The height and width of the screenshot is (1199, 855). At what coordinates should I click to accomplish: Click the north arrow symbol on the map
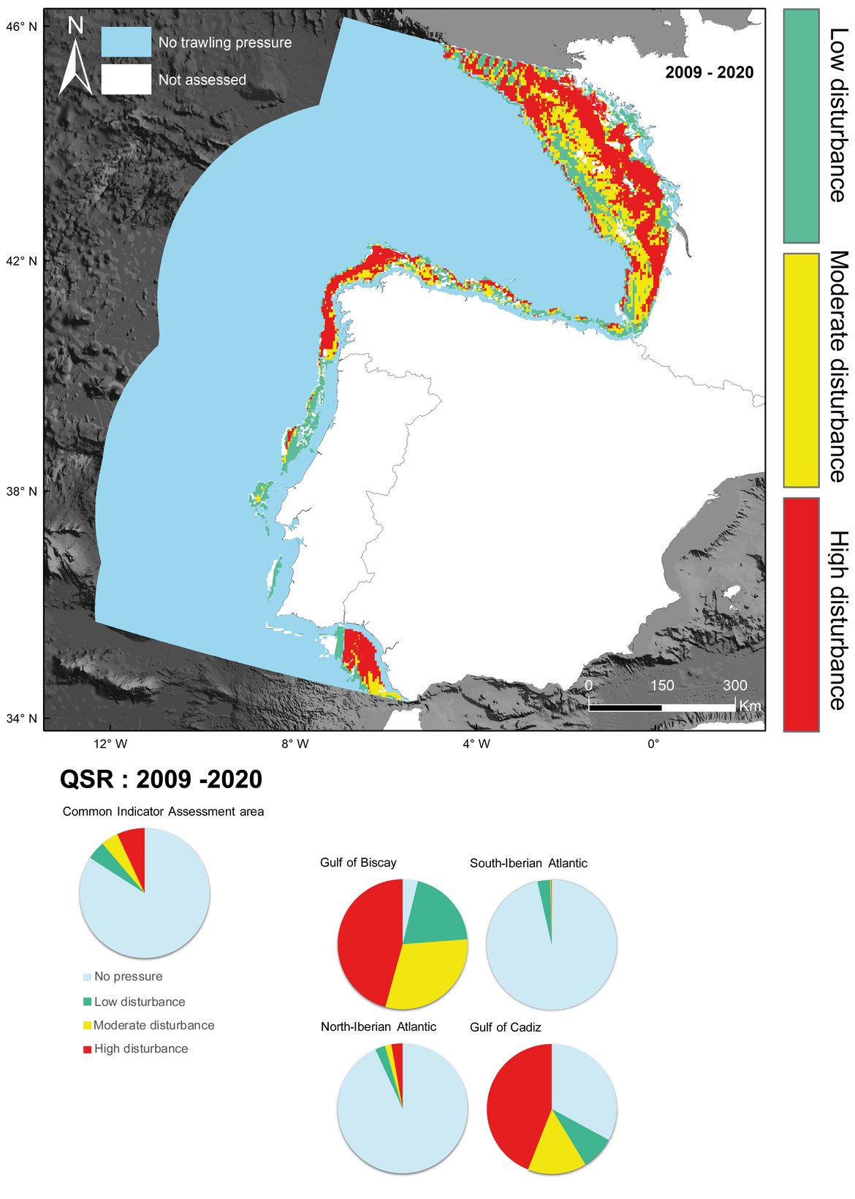click(x=75, y=58)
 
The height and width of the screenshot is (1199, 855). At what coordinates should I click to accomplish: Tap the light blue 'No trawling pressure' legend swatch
click(x=126, y=42)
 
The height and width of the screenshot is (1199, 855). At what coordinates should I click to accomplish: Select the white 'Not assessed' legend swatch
click(x=126, y=80)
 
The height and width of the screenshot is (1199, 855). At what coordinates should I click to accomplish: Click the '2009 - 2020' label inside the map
click(x=709, y=72)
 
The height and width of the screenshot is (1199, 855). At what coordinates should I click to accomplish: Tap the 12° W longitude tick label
click(x=110, y=744)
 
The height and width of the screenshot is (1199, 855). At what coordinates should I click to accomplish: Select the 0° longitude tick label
click(x=653, y=744)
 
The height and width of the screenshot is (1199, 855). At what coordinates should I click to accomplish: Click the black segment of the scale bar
click(x=625, y=707)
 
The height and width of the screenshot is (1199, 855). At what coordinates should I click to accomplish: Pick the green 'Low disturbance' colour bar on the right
click(x=801, y=126)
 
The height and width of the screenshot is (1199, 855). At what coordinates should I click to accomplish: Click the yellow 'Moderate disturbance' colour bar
click(x=801, y=370)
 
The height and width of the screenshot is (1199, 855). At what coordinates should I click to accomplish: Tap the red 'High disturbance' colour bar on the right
click(x=801, y=614)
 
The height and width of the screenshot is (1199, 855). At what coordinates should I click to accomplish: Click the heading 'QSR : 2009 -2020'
click(x=161, y=779)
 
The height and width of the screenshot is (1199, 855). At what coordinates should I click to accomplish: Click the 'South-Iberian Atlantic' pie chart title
click(x=528, y=863)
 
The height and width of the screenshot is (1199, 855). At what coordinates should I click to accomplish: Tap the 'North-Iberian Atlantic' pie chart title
click(x=379, y=1027)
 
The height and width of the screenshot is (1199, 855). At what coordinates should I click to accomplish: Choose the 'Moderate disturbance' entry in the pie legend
click(x=153, y=1026)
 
